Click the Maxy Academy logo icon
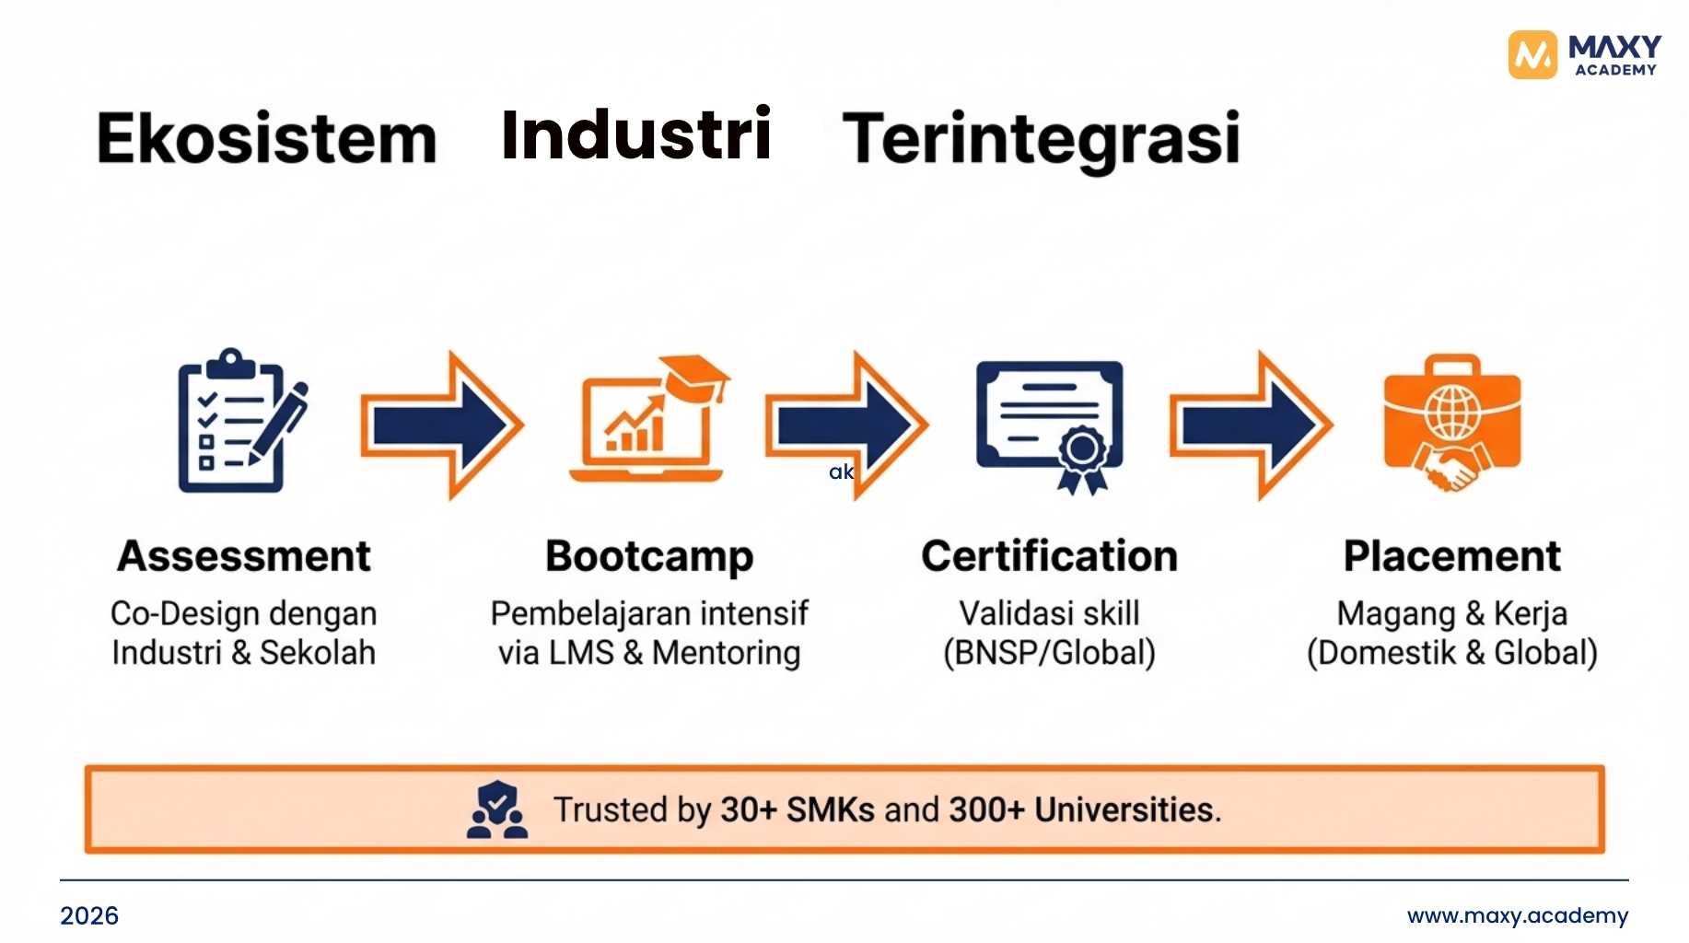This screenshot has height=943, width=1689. tap(1532, 55)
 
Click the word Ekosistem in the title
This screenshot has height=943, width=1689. tap(267, 138)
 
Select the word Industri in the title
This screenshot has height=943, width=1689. tap(636, 134)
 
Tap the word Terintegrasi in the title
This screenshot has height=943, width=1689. tap(1042, 138)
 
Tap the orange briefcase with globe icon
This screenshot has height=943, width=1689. tap(1452, 423)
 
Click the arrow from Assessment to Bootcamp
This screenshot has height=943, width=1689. tap(442, 425)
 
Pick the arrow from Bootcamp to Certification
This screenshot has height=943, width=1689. tap(846, 425)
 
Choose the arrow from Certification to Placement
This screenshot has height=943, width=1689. tap(1251, 425)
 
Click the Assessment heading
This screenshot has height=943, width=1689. tap(244, 556)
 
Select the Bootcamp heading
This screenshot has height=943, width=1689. tap(649, 556)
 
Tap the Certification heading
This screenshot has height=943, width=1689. tap(1050, 556)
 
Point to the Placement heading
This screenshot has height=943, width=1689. tap(1452, 556)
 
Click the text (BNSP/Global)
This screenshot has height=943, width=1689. tap(1049, 653)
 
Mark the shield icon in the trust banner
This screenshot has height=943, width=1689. tap(497, 809)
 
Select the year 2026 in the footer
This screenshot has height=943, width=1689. tap(89, 915)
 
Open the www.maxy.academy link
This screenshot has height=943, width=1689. tap(1518, 915)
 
